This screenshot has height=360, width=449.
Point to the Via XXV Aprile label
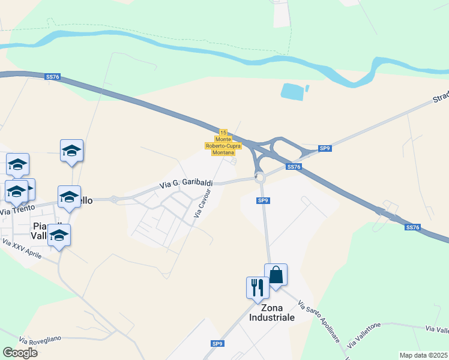pos(22,248)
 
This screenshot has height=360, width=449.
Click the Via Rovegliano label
pos(40,339)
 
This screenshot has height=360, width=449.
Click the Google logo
pos(20,353)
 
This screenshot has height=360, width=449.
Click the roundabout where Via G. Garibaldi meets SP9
pos(259,177)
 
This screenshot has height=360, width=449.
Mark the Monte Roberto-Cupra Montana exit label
pos(223,146)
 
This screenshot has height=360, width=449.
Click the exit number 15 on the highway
pos(223,132)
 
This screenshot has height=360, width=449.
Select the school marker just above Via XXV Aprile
pos(59,235)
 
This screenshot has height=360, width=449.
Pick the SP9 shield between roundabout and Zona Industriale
pos(263,200)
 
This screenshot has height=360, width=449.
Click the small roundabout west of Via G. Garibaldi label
pos(113,199)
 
